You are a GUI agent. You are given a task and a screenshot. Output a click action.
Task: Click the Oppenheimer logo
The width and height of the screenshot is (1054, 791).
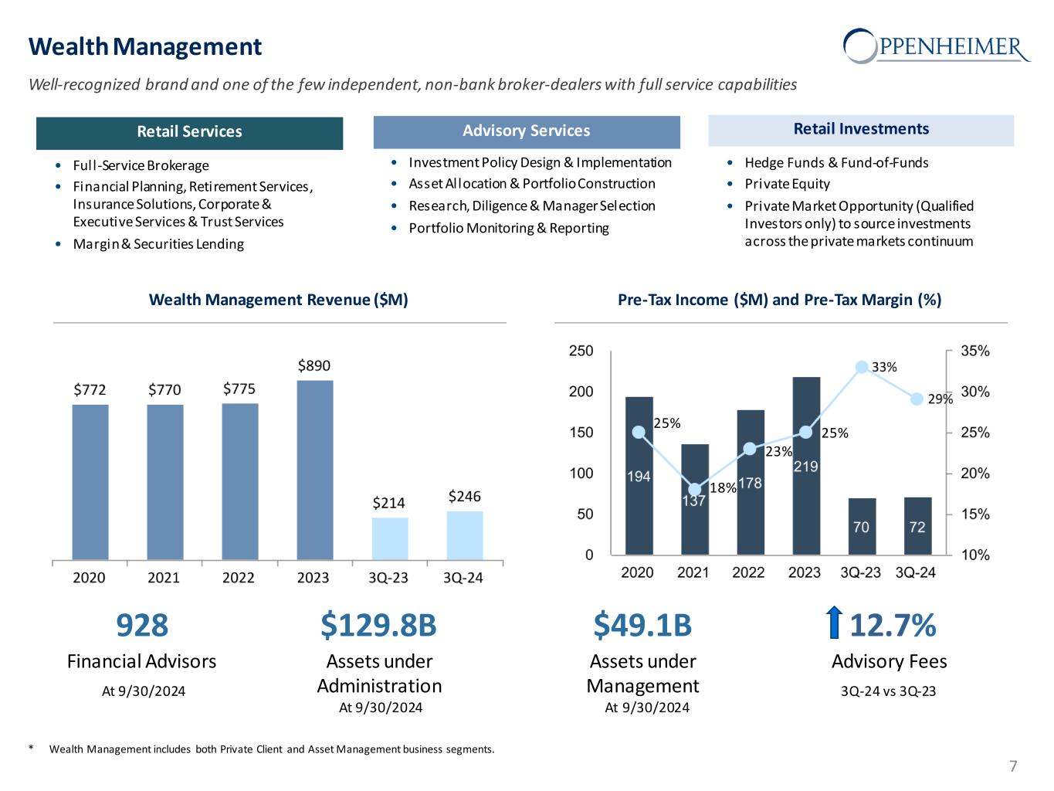pyautogui.click(x=937, y=46)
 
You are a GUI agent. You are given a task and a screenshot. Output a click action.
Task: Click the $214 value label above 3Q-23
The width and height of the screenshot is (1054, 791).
pyautogui.click(x=389, y=503)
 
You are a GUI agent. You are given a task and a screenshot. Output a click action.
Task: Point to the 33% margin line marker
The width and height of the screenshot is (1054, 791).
pyautogui.click(x=863, y=368)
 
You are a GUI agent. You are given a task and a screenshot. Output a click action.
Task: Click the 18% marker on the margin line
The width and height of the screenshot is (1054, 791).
pyautogui.click(x=695, y=489)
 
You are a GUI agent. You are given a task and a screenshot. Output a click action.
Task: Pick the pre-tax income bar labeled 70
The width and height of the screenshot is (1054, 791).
pyautogui.click(x=862, y=526)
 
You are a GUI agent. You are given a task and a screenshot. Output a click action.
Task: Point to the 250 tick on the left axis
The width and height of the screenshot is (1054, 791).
pyautogui.click(x=581, y=351)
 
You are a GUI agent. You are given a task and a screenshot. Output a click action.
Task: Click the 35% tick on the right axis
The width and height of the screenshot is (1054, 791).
pyautogui.click(x=975, y=351)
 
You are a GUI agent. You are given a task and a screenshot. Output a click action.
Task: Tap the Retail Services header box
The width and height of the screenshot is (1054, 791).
pyautogui.click(x=189, y=132)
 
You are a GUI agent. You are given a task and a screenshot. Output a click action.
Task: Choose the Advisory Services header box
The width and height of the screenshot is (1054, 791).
pyautogui.click(x=527, y=131)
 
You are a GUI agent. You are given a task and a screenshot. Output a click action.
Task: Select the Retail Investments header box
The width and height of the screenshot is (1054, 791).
pyautogui.click(x=861, y=130)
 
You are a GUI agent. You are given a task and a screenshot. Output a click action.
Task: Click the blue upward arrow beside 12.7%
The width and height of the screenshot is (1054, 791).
pyautogui.click(x=833, y=624)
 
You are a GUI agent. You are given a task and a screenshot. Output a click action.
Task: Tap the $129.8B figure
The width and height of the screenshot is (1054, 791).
pyautogui.click(x=378, y=626)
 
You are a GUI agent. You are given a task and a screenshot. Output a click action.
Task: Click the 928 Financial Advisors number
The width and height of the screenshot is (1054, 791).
pyautogui.click(x=142, y=626)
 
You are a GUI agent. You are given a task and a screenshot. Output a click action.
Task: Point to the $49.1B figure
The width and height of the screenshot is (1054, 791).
pyautogui.click(x=642, y=626)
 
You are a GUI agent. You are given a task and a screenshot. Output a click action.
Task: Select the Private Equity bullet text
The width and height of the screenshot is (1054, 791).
pyautogui.click(x=787, y=184)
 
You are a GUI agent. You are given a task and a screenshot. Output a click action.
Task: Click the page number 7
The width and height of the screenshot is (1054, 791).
pyautogui.click(x=1013, y=767)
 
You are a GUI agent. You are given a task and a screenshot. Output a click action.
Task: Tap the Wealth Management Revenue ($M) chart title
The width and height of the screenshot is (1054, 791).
pyautogui.click(x=278, y=300)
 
